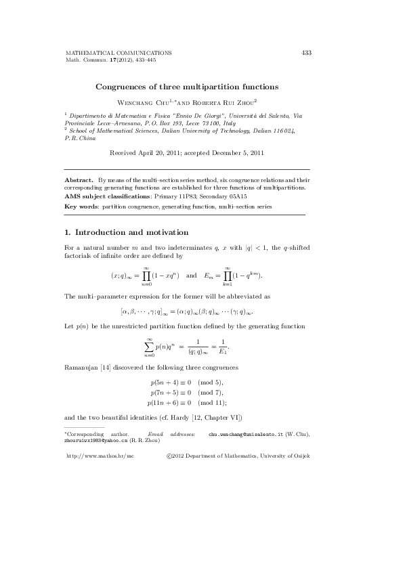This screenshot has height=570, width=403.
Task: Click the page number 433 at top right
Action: (306, 52)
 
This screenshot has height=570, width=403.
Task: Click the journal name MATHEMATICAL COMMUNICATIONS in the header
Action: (118, 52)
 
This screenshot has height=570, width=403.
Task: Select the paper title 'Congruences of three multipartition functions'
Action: (186, 87)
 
